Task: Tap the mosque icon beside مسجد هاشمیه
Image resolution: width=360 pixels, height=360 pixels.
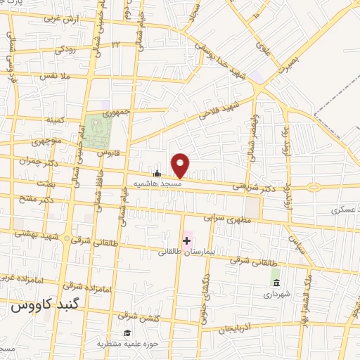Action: [157, 173]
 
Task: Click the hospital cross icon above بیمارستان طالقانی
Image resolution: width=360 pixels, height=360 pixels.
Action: [186, 241]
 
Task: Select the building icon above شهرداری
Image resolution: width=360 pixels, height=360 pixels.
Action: [275, 283]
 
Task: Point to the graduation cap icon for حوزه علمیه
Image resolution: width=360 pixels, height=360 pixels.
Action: [127, 333]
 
